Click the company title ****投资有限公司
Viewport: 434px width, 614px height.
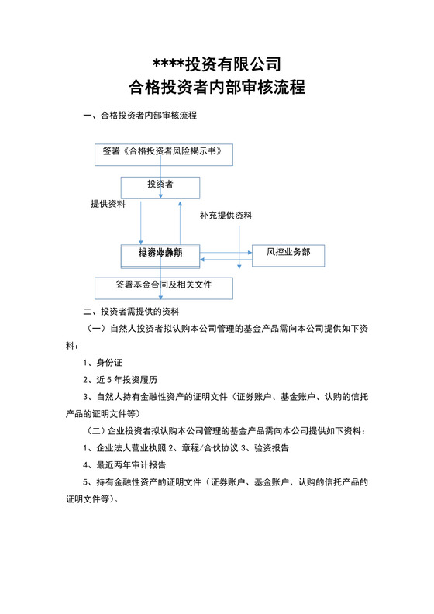point(216,64)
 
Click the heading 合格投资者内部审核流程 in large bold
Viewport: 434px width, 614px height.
point(216,87)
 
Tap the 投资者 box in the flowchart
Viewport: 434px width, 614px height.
point(160,185)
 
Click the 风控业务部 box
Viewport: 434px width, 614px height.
point(288,253)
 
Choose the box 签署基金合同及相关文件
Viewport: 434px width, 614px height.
point(164,285)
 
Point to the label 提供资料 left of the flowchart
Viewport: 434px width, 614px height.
point(108,204)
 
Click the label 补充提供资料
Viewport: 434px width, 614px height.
point(226,215)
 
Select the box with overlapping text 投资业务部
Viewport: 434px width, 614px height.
point(160,254)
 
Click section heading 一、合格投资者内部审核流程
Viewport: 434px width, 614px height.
point(140,116)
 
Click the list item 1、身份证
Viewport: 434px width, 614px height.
point(103,362)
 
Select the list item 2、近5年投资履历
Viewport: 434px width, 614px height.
point(119,380)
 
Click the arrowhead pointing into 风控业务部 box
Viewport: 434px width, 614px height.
point(249,251)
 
